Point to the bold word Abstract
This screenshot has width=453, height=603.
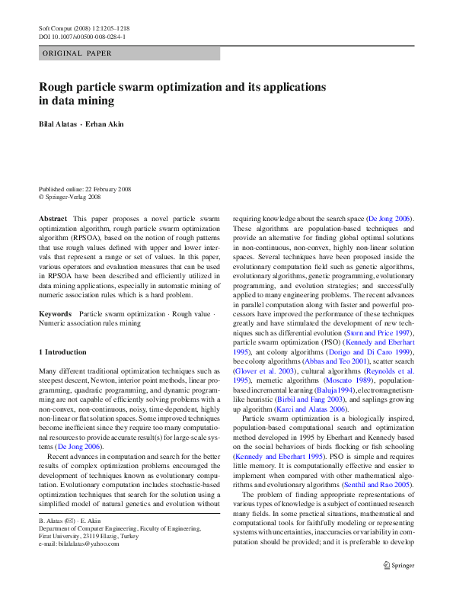[53, 219]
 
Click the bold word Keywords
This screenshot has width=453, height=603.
[56, 314]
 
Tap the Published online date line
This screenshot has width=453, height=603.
[85, 188]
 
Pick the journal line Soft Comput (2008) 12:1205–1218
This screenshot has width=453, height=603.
[86, 27]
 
